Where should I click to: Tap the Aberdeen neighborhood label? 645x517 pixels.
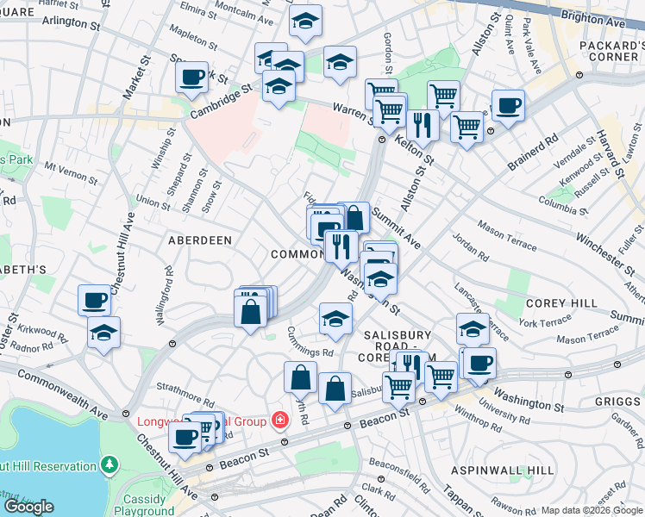click(x=200, y=240)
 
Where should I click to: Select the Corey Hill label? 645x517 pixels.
click(x=561, y=303)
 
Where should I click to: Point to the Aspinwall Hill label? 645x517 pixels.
click(x=503, y=470)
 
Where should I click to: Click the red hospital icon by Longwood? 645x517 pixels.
click(x=279, y=421)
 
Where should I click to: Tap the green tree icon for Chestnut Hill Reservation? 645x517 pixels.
click(x=109, y=466)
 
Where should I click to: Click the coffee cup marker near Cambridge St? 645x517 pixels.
click(x=191, y=78)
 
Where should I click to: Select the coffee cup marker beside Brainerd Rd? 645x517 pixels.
click(x=508, y=105)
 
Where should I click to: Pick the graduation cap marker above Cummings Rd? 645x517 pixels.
click(x=335, y=319)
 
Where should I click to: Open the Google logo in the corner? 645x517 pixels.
click(x=28, y=507)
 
